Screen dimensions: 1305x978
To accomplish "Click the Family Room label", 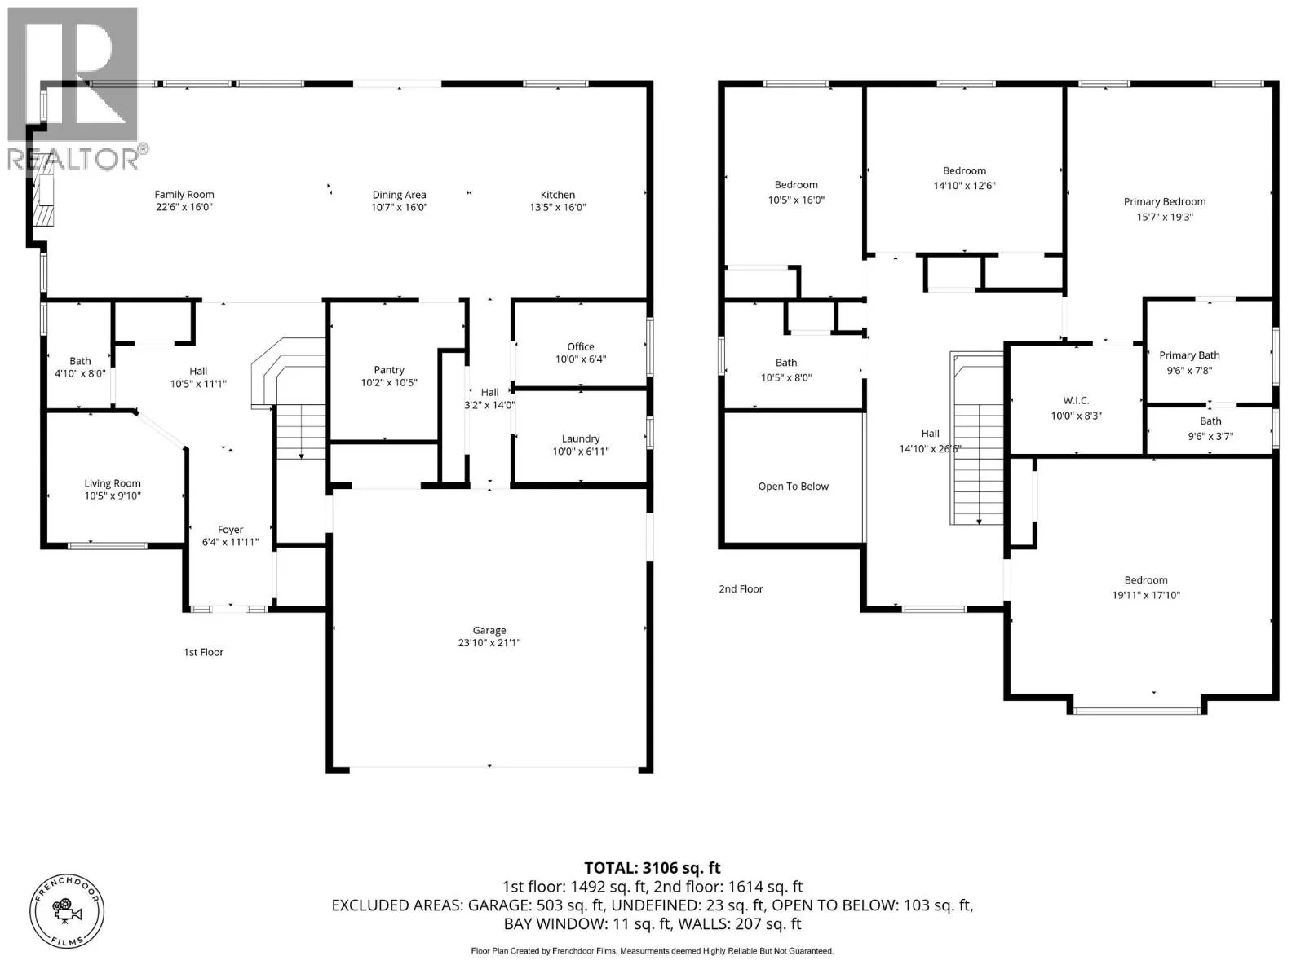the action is tap(184, 194).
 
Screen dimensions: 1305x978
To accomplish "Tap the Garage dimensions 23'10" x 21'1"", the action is tap(489, 642).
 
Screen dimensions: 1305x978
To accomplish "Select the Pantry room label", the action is tap(389, 370).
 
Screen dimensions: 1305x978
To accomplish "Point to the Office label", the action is tap(580, 346).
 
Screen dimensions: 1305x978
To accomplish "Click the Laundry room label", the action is tap(580, 438).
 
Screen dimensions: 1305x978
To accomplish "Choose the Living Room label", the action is tap(113, 483).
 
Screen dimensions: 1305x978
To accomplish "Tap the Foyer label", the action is tap(230, 529).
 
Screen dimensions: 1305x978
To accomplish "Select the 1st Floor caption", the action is tap(203, 652).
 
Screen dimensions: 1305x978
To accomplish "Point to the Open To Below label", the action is tap(793, 487).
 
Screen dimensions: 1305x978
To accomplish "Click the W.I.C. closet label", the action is tap(1076, 401).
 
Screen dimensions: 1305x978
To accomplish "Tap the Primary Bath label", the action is tap(1189, 355).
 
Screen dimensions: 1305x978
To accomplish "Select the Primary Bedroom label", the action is tap(1165, 202).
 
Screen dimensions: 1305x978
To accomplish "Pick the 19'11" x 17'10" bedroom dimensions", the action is tap(1146, 594).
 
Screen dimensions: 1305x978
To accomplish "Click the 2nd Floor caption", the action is tap(741, 588).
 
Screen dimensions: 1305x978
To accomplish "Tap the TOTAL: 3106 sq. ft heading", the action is tap(652, 868).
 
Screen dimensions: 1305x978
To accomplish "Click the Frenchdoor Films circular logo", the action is tap(67, 911).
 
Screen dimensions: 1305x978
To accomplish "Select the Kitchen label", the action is tap(558, 194).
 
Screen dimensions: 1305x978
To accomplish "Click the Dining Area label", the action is tap(399, 194).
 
